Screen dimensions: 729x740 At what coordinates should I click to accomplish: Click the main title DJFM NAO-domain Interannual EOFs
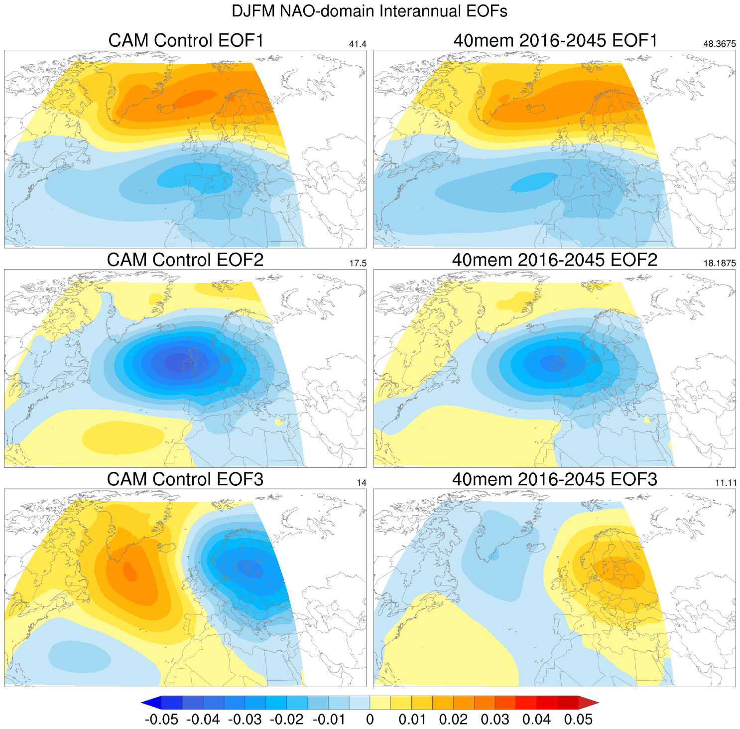[x=370, y=11]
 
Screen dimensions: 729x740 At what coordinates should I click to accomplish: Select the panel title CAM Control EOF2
[x=185, y=260]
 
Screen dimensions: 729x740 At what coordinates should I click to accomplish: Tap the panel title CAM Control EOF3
[x=185, y=479]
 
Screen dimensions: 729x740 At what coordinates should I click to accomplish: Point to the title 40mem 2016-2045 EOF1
[x=555, y=40]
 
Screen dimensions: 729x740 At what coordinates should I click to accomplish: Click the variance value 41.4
[x=358, y=44]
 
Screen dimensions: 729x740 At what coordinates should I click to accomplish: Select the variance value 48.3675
[x=719, y=44]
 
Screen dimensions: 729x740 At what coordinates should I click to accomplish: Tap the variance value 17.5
[x=358, y=264]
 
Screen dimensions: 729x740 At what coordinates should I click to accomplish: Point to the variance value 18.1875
[x=719, y=264]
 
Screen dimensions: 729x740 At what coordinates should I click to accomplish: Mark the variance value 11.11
[x=725, y=483]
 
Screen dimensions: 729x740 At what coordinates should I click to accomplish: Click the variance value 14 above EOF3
[x=362, y=483]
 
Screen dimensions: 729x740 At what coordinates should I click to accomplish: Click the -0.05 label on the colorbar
[x=161, y=720]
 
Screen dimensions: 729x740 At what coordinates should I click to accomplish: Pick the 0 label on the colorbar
[x=370, y=720]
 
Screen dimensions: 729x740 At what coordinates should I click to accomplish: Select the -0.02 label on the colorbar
[x=286, y=720]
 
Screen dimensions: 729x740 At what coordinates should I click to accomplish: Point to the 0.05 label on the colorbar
[x=578, y=720]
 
